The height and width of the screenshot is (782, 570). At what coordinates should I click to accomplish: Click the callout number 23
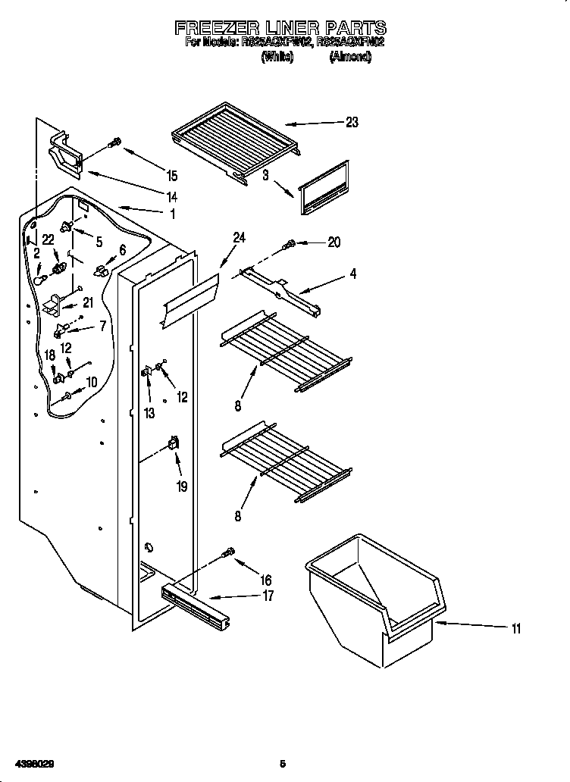pos(351,123)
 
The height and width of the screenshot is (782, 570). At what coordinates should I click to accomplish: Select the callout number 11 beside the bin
pos(515,628)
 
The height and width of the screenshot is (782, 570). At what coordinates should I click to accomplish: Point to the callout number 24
pos(239,238)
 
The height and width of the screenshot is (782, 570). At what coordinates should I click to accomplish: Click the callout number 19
pos(182,486)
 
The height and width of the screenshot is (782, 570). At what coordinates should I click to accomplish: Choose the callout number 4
pos(352,274)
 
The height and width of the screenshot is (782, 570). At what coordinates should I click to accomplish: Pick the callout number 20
pos(334,242)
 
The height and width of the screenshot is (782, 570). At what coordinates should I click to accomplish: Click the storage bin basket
pos(374,606)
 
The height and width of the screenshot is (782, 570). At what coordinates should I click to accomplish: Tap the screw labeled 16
pos(227,555)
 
